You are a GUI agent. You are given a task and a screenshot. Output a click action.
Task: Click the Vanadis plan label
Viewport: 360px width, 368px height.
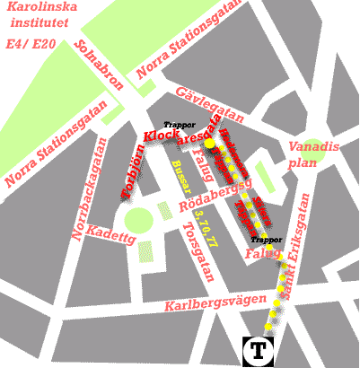[x=312, y=155]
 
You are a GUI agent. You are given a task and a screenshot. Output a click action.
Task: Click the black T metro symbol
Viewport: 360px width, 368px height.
[x=259, y=350]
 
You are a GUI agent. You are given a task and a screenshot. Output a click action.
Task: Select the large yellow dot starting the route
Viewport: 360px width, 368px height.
[x=208, y=143]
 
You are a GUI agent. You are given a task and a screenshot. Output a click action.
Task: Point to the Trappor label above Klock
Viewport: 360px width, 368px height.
[x=179, y=125]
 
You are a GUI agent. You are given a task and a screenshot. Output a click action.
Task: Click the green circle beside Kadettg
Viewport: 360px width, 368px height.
[x=138, y=219]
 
